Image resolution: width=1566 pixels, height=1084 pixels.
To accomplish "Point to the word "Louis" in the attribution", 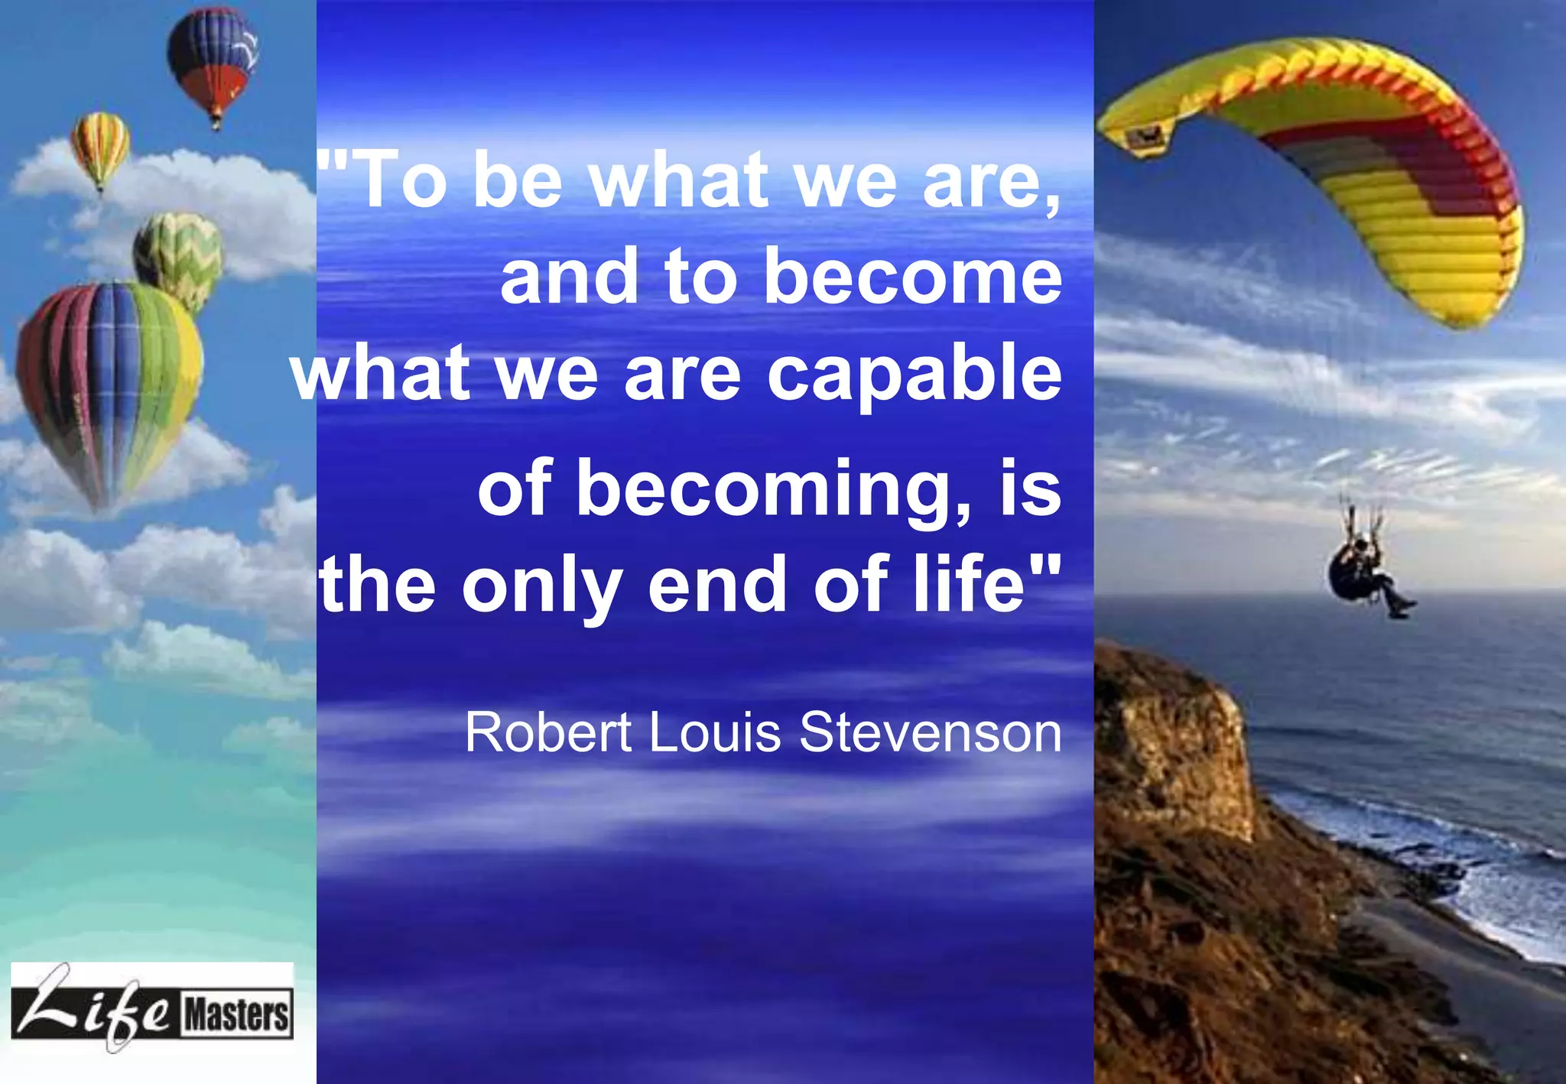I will (715, 732).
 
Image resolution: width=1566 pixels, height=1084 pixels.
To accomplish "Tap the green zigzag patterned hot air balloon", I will (179, 256).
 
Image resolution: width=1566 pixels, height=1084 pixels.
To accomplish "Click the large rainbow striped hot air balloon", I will (109, 382).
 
